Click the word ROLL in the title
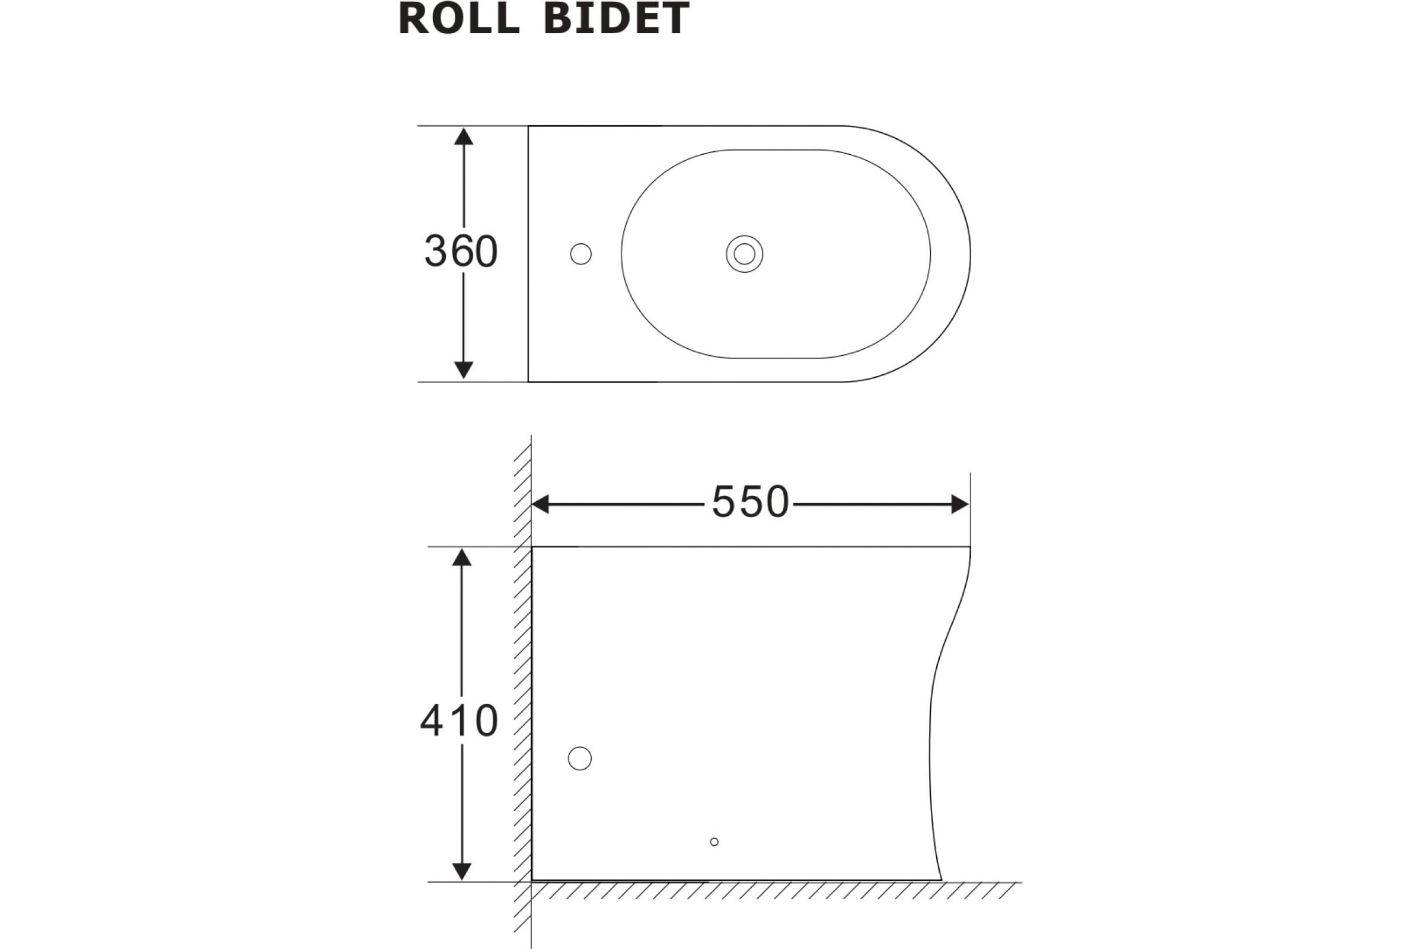pos(459,18)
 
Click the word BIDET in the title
pos(617,18)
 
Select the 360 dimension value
pos(461,250)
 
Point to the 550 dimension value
pos(750,502)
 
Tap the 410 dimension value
pos(459,721)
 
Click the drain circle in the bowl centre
pos(744,254)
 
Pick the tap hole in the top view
pos(581,254)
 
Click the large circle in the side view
pos(580,759)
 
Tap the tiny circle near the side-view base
pos(714,842)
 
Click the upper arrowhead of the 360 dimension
pos(464,136)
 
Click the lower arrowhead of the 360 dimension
pos(464,370)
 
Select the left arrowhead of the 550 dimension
pos(540,504)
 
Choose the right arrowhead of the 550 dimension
pos(960,504)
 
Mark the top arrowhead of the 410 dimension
pos(462,558)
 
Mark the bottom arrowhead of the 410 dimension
pos(462,871)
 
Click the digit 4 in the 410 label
pos(432,721)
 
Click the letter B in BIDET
pos(559,18)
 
